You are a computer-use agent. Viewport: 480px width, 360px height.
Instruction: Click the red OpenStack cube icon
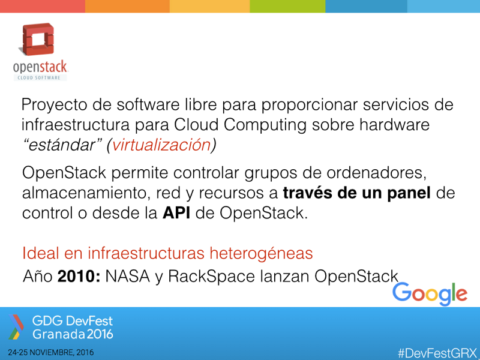37,40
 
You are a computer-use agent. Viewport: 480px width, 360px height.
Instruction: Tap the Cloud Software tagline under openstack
41,78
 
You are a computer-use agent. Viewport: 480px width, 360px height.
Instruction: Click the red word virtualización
161,145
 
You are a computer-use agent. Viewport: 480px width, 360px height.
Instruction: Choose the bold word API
176,213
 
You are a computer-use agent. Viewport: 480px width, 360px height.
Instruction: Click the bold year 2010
79,277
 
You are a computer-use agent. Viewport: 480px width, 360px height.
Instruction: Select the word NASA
128,277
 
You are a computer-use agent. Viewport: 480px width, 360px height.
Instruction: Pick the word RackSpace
211,277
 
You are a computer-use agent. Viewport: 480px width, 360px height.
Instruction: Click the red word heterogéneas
261,253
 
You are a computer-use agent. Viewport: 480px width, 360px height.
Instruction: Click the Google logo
430,294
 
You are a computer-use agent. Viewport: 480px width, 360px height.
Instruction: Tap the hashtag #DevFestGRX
437,353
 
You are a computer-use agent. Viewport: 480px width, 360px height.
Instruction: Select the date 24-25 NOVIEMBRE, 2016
51,353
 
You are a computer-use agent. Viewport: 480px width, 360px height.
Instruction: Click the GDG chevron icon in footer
16,327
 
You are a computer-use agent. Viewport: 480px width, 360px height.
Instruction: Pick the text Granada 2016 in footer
73,334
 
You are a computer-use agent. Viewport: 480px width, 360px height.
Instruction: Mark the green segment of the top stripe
287,6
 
